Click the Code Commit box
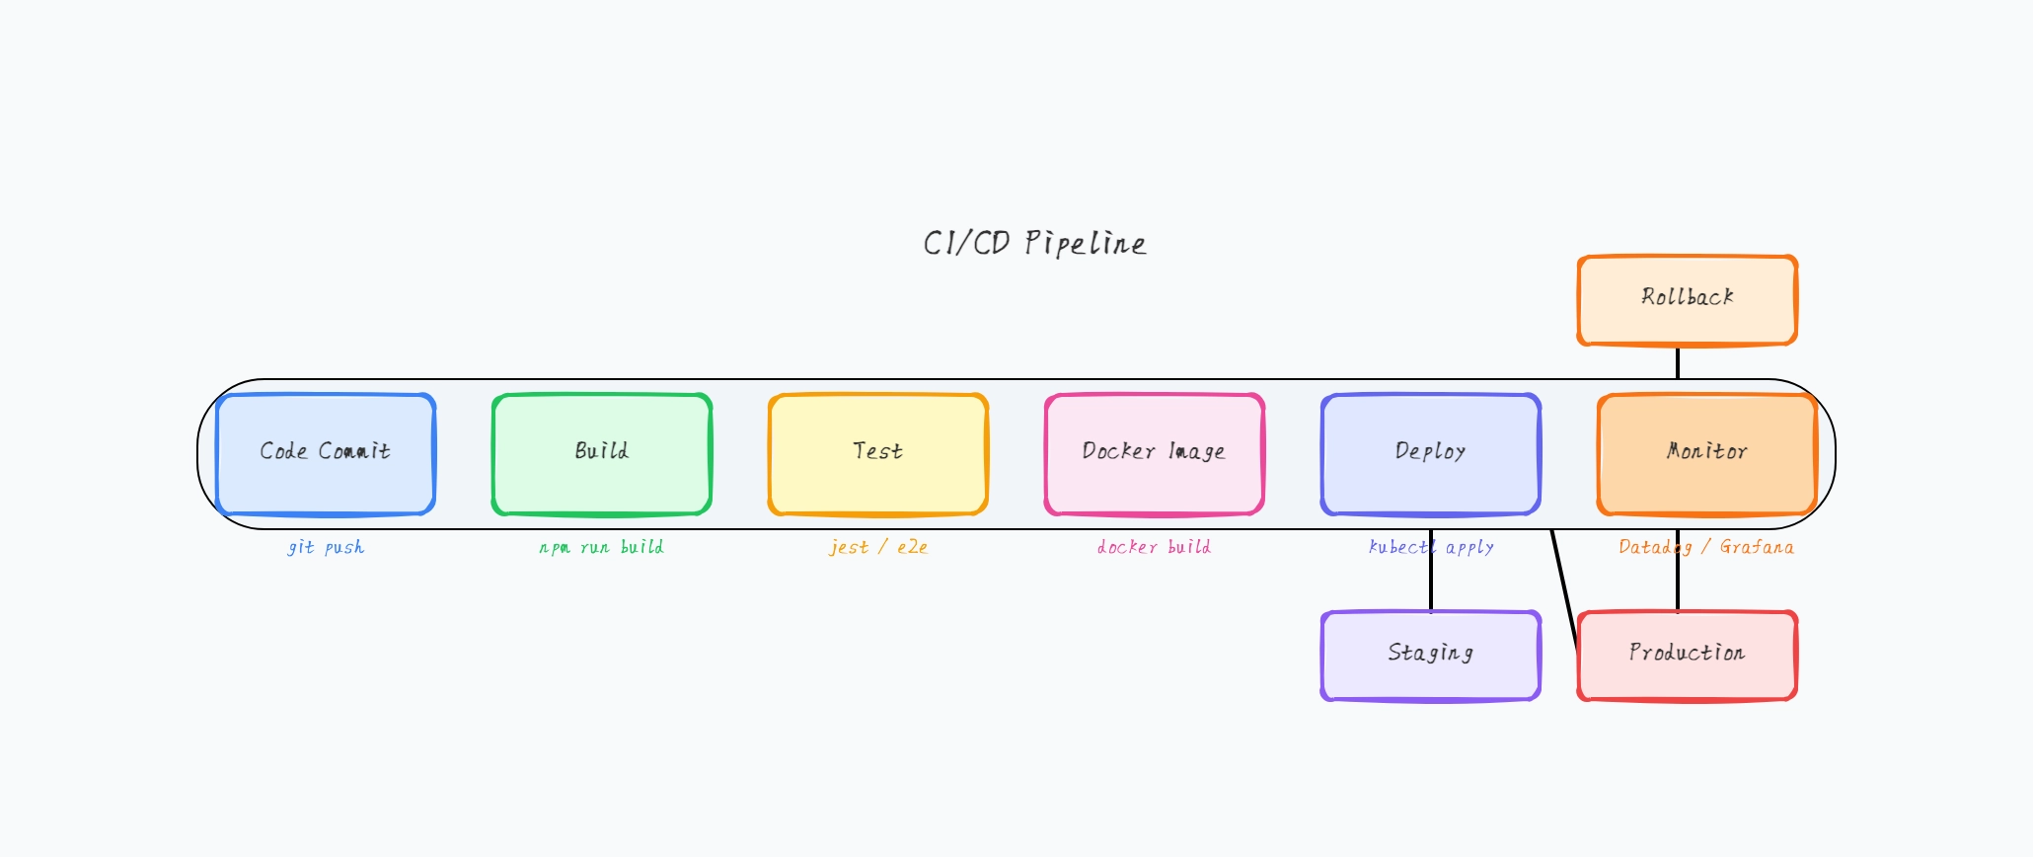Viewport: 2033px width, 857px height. click(326, 454)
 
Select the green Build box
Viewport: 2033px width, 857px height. click(602, 454)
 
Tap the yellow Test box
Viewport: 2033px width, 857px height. click(878, 454)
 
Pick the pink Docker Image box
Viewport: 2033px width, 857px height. click(1155, 454)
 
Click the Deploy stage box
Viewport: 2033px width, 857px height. click(1431, 454)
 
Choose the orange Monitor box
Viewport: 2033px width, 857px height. click(1707, 454)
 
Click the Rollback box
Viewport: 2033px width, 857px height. click(1688, 300)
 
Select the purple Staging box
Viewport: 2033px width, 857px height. click(1431, 656)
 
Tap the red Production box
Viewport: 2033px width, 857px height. click(1688, 656)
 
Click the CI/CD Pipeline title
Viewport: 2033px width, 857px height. click(1034, 243)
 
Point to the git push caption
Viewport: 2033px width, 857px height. click(326, 547)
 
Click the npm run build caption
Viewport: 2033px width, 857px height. click(601, 547)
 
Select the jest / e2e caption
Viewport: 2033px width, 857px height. click(878, 547)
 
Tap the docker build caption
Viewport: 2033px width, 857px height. click(1154, 547)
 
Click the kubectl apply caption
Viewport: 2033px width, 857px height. click(1431, 547)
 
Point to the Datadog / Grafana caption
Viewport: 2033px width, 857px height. click(1706, 547)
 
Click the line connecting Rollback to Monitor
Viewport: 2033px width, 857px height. click(1678, 362)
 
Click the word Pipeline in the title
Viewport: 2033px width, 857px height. click(1086, 244)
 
